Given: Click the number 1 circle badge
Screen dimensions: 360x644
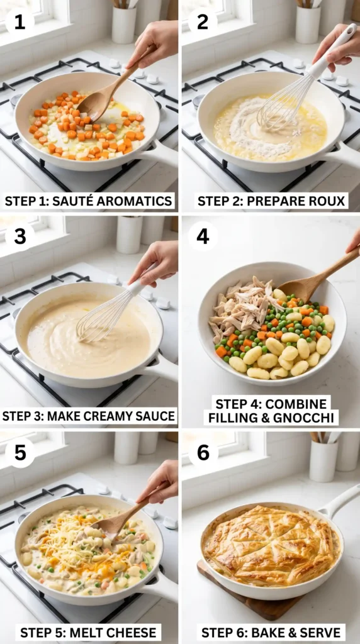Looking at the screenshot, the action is [x=20, y=21].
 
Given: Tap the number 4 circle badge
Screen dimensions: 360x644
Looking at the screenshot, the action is [x=203, y=236].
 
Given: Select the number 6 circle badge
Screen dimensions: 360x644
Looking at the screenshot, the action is [x=203, y=453].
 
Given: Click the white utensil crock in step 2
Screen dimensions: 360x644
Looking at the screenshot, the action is [x=308, y=25].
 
